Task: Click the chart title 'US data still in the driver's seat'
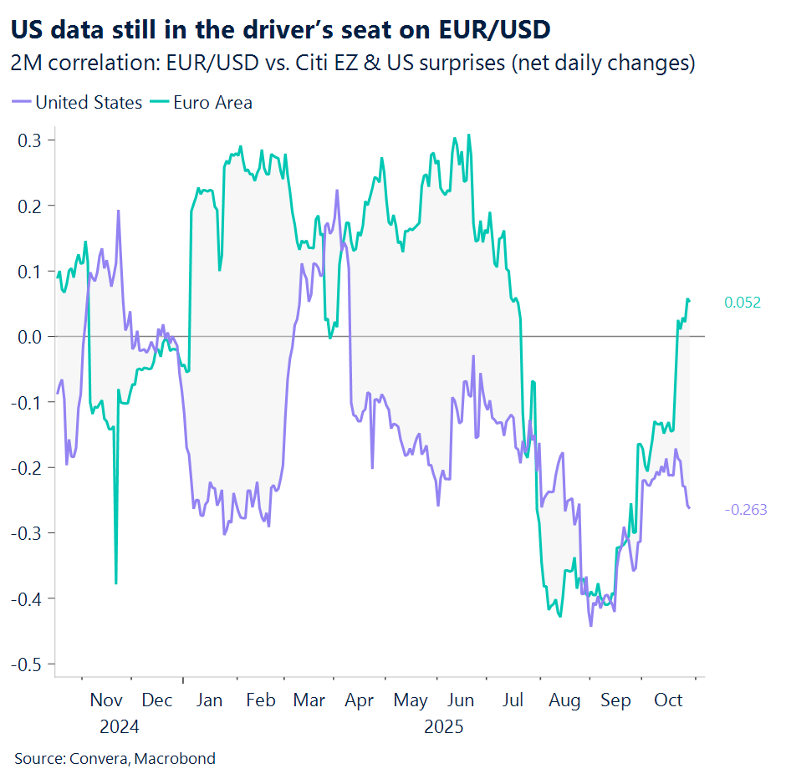281,29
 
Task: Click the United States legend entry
78,103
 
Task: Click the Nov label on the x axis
106,700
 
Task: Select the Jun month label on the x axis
461,700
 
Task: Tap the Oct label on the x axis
668,700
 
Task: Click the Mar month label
309,700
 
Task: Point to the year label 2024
120,726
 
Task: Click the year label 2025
443,726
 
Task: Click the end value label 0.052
743,303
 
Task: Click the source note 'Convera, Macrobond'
115,759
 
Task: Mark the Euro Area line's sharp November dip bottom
115,583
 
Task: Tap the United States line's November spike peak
118,211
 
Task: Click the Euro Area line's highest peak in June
468,135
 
